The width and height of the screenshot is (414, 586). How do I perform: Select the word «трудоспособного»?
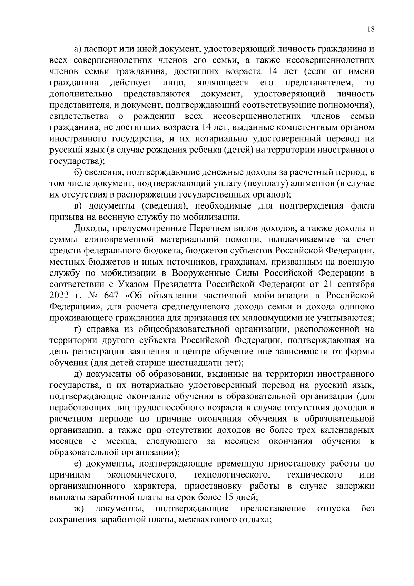click(166, 407)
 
